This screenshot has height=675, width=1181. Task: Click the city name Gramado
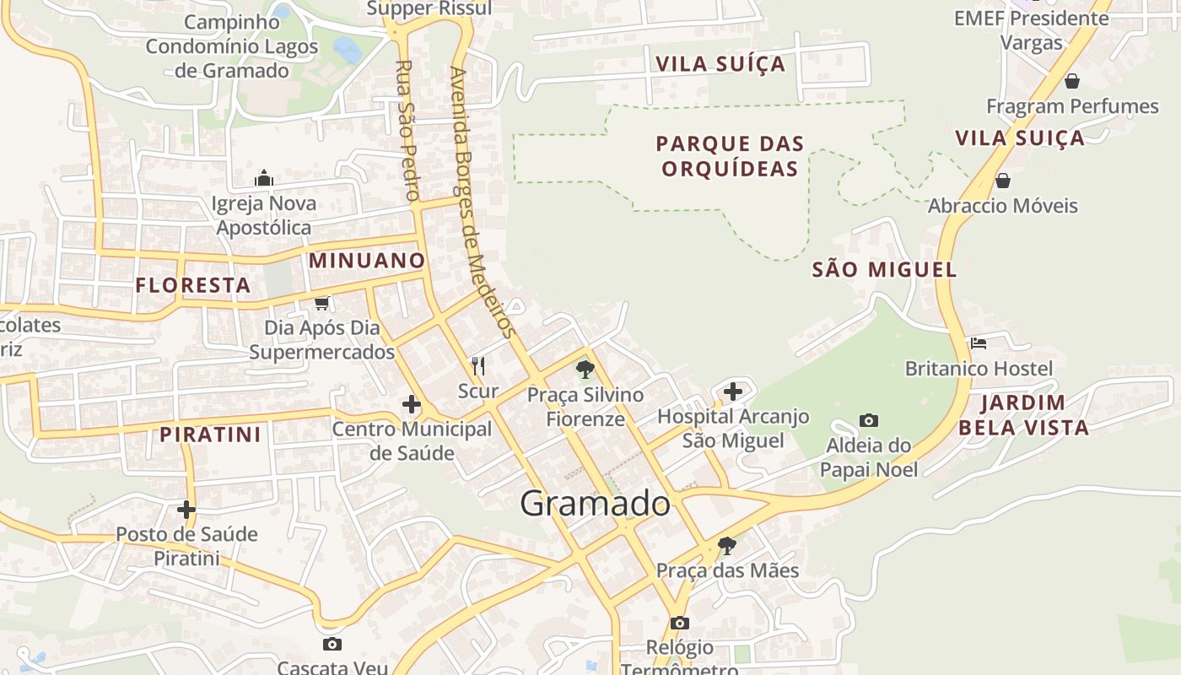point(595,504)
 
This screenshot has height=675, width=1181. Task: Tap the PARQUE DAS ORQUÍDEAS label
point(730,156)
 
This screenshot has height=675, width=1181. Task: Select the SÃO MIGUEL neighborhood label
point(884,270)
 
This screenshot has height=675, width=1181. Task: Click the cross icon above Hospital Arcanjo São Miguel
point(733,391)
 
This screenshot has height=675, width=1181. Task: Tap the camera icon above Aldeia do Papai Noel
point(868,420)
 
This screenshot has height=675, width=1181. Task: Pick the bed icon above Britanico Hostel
point(979,343)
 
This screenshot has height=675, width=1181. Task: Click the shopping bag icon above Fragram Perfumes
point(1071,81)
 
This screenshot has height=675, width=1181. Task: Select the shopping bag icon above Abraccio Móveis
point(1003,181)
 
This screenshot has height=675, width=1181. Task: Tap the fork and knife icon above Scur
point(477,365)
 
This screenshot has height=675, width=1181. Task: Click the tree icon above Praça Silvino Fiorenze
point(585,369)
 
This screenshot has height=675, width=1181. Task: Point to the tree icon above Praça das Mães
point(726,545)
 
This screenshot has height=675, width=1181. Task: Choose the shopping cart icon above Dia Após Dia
point(321,302)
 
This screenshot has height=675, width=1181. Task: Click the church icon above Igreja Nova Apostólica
point(264,178)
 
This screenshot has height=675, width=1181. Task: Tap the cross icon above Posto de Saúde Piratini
point(186,509)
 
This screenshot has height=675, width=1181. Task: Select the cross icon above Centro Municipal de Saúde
point(411,404)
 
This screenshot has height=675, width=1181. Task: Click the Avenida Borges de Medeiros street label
point(483,202)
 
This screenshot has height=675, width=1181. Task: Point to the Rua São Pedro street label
point(407,131)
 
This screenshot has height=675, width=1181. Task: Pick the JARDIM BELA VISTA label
point(1023,415)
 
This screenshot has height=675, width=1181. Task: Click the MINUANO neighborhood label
point(366,260)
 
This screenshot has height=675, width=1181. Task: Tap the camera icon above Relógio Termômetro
point(679,623)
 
